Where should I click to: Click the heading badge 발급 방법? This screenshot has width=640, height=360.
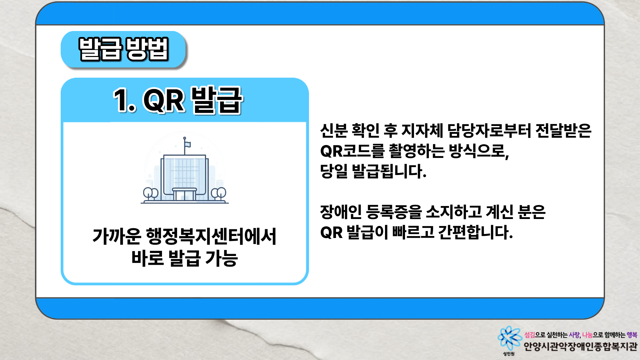point(123,50)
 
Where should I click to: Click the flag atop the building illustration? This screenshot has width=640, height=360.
point(188,144)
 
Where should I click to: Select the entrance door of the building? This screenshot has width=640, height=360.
point(185,194)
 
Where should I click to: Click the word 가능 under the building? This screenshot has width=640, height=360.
point(221,258)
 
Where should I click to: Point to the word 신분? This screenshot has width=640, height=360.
point(333,131)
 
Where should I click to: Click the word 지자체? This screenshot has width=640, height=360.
point(422,131)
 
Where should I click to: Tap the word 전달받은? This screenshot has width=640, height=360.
point(563,131)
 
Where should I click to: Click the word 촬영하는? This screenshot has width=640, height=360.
point(417,151)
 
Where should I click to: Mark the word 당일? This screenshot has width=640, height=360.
point(334,171)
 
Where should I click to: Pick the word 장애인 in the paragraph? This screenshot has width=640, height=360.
point(341,212)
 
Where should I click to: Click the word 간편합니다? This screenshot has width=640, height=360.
point(475,232)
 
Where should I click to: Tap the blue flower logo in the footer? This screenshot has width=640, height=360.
point(509,338)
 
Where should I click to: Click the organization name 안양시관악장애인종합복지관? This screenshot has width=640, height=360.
point(580,347)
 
